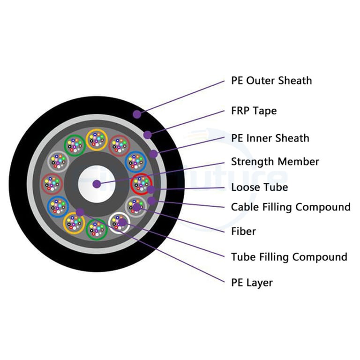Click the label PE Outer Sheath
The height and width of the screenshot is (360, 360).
(271, 81)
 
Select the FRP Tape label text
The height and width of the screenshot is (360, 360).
(254, 111)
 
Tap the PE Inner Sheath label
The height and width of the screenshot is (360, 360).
(270, 138)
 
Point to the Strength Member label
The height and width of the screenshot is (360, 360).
(275, 162)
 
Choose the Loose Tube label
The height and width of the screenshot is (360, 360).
(259, 187)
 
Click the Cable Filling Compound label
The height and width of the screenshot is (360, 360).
(291, 207)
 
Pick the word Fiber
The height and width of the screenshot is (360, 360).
(243, 232)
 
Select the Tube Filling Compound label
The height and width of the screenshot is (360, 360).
(289, 257)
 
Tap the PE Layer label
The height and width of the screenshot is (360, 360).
(252, 282)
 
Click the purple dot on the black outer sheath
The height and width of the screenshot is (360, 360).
(136, 114)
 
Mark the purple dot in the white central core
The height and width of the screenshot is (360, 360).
(96, 184)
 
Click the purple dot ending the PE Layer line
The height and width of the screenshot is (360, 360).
(80, 212)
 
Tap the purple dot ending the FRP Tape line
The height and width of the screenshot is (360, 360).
(148, 135)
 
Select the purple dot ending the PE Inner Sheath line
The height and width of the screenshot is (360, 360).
(154, 154)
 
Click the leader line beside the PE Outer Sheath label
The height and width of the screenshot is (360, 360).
(183, 97)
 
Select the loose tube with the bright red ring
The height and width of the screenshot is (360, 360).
(141, 184)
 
